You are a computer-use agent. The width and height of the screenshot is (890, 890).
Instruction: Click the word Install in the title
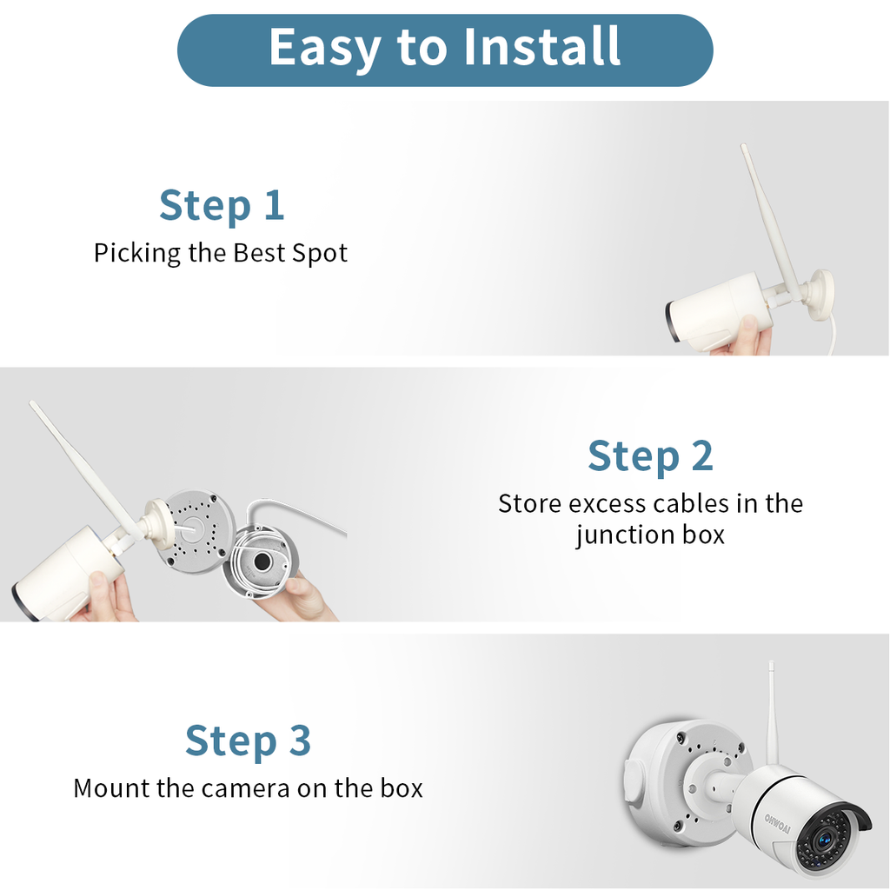coord(541,48)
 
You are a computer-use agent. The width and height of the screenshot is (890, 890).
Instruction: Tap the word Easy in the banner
coord(323,48)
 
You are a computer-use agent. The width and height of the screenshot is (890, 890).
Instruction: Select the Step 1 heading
coord(222,205)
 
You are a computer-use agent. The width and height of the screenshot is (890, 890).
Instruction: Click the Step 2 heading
coord(650,455)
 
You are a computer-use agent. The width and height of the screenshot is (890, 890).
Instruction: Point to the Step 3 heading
coord(248,741)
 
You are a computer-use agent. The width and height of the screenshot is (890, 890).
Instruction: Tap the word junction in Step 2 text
coord(617,534)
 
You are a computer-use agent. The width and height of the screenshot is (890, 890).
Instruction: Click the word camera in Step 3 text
coord(246,788)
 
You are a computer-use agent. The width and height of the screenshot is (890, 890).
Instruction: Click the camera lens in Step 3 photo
coord(823,840)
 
